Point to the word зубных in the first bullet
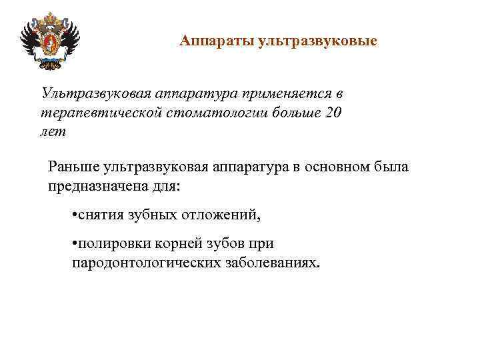tap(152, 215)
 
